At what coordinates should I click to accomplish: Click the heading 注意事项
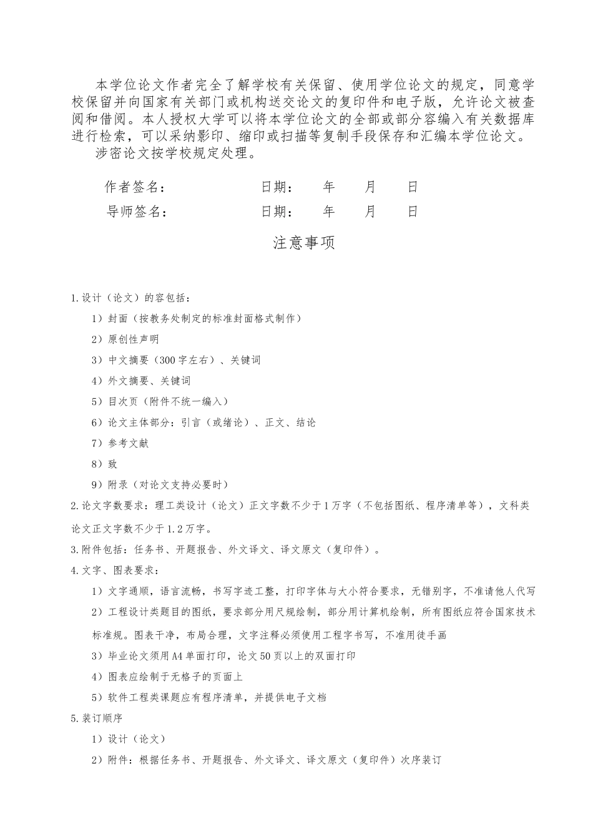[304, 243]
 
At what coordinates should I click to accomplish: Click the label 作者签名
[134, 187]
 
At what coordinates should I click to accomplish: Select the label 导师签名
[137, 212]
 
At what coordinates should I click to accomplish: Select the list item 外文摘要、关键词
[149, 381]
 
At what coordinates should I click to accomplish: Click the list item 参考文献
[128, 443]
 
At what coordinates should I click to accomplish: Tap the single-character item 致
[112, 464]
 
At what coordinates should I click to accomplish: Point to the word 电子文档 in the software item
[306, 697]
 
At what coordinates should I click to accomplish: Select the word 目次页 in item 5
[120, 401]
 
